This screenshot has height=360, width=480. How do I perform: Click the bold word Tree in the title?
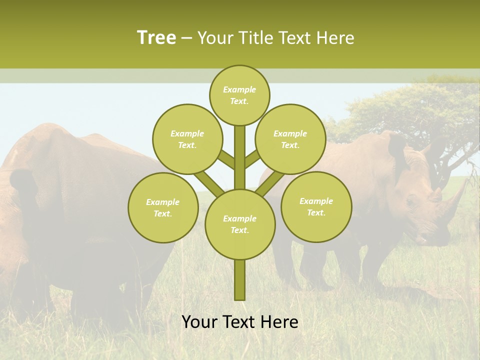point(156,37)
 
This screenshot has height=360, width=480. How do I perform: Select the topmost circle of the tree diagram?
point(239,95)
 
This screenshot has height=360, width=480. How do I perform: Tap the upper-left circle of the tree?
point(187,139)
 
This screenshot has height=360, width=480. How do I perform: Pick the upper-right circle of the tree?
point(290,139)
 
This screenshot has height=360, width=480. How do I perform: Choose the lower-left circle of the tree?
point(162,208)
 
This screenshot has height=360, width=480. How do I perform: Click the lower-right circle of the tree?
point(316,207)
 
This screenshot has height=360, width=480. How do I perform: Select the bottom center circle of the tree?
point(240,224)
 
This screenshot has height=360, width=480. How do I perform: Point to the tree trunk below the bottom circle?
point(240,280)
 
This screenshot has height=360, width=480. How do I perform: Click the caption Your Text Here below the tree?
point(240,322)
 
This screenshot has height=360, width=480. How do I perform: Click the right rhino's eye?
point(410,202)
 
